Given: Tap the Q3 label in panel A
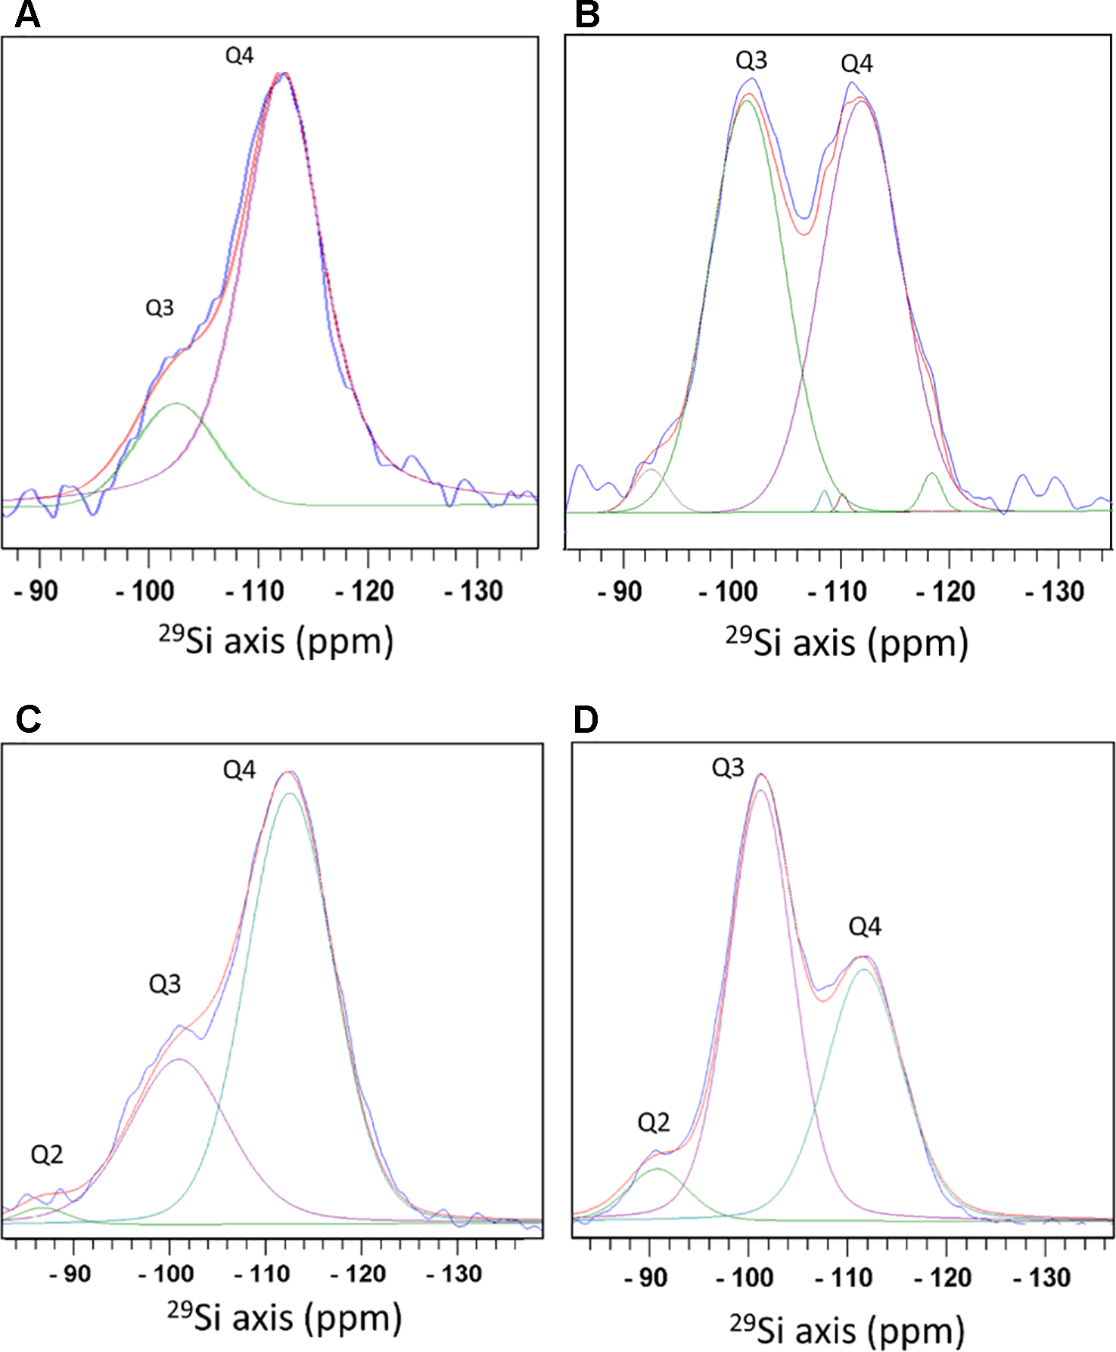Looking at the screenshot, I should [x=160, y=308].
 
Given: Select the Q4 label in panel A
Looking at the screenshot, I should [x=239, y=55].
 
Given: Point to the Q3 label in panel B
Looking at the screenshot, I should [x=751, y=60].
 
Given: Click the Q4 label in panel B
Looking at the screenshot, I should [x=856, y=64].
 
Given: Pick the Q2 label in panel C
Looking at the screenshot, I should [x=46, y=1154].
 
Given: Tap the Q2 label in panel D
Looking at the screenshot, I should [x=654, y=1122].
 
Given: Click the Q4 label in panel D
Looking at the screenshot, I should [x=865, y=926].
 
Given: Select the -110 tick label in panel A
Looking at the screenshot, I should [x=255, y=591].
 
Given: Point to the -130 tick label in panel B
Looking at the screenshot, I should [x=1055, y=592].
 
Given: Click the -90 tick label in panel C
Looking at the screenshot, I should [x=70, y=1274].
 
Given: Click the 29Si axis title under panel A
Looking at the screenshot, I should [x=276, y=640].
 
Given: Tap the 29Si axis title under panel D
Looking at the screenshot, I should [x=847, y=1330].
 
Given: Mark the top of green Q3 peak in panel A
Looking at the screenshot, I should [x=176, y=403].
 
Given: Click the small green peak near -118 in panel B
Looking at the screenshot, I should [x=932, y=474].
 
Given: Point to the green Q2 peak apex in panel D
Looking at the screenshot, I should [x=657, y=1169].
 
